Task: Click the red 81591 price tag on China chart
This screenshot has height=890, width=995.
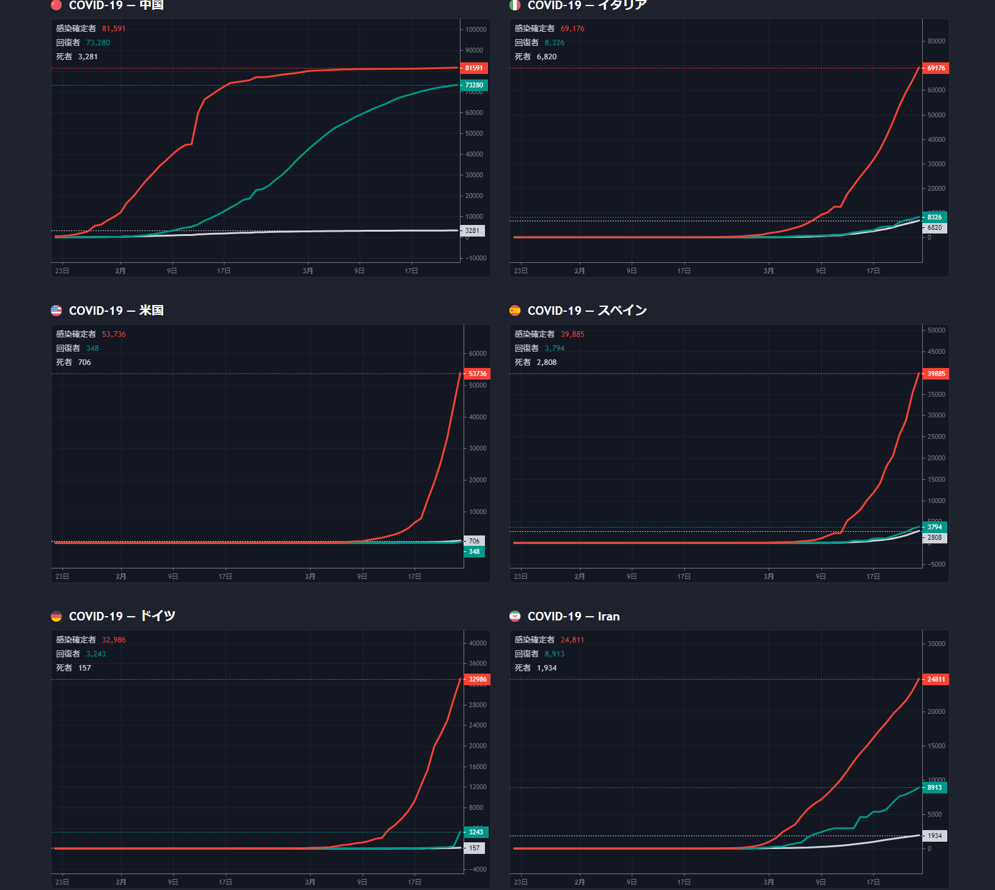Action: [474, 68]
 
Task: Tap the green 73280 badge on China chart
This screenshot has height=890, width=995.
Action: [474, 85]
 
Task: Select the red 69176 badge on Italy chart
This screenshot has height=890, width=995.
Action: [936, 68]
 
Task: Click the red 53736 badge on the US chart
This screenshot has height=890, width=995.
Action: [477, 373]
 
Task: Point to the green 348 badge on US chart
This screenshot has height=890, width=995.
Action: [474, 551]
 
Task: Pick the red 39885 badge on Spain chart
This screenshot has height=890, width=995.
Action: [936, 373]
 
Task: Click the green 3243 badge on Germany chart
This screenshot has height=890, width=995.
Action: [476, 832]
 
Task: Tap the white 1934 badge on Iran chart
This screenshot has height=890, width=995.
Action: [934, 836]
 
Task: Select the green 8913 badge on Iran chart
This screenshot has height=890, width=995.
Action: [934, 787]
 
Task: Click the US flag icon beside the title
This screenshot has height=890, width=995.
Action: [56, 311]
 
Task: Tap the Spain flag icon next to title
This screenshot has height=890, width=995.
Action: [515, 311]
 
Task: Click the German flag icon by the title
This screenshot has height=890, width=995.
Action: [56, 616]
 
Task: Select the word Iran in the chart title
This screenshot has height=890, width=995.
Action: [608, 616]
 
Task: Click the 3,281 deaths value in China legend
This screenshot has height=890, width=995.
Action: [88, 57]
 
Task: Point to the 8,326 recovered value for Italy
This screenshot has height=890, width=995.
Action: [555, 43]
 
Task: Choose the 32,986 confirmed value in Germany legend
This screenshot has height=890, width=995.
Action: [114, 640]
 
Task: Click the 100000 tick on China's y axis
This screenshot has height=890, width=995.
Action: [476, 29]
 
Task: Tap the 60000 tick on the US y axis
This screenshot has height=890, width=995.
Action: [478, 353]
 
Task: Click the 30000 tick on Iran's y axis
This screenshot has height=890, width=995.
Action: [936, 644]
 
